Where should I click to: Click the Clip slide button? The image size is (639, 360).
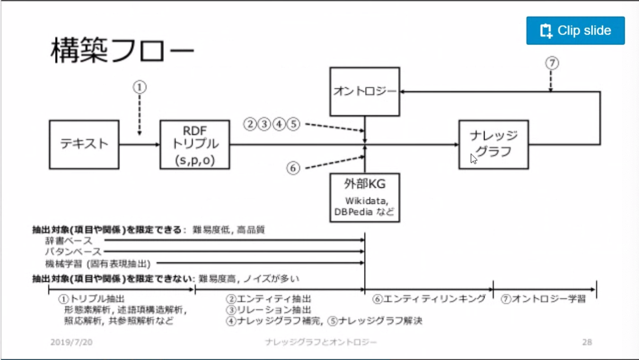pos(575,31)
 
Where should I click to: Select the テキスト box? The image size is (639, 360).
pos(84,144)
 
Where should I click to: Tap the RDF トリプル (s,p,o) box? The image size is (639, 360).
pos(194,144)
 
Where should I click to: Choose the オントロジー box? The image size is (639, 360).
pos(365,92)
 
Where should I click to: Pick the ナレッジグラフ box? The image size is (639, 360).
pos(493,144)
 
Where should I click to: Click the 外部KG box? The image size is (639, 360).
pos(365,197)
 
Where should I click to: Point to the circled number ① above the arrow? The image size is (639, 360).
pos(139,87)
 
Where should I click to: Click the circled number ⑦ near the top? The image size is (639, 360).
pos(551,63)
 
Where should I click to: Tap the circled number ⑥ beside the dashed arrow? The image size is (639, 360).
pos(293,168)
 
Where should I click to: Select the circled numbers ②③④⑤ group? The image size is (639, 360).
pos(272,124)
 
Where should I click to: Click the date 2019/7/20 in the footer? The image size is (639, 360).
pos(71,342)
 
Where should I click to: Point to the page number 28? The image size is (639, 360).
pos(587,342)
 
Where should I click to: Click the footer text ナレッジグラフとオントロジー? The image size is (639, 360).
pos(321,342)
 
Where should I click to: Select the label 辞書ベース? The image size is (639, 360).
pos(68,241)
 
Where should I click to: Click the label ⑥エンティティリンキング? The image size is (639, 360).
pos(429,299)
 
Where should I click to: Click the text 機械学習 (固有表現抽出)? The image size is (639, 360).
pos(98,263)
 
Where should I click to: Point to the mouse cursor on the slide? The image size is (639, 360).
pos(473,158)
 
